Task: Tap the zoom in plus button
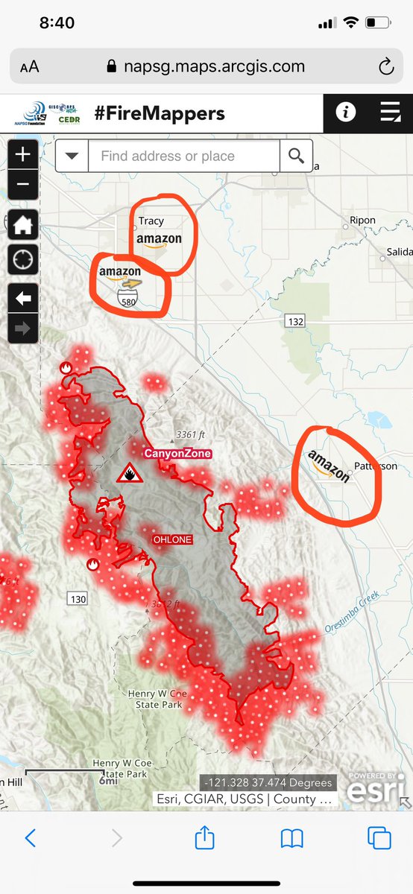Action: click(23, 154)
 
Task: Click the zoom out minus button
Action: click(23, 183)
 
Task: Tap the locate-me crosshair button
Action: click(23, 259)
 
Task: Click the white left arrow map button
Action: click(23, 299)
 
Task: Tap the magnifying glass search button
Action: click(296, 156)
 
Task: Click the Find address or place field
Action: click(183, 156)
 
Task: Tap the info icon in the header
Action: click(345, 112)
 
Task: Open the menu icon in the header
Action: click(390, 112)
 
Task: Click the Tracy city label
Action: click(151, 221)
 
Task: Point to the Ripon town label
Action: click(363, 221)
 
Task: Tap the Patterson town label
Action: click(376, 466)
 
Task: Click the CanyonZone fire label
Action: click(177, 453)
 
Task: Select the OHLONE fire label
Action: click(172, 539)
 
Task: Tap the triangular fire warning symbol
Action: click(130, 475)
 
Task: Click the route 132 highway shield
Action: click(294, 320)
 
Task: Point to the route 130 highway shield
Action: click(77, 598)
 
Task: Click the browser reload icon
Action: click(385, 67)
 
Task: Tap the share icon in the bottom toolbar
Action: click(204, 839)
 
